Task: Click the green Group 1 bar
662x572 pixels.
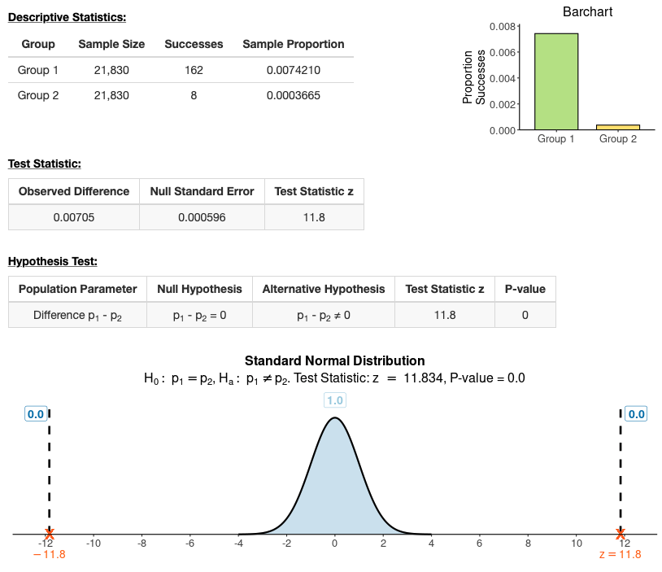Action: pos(556,81)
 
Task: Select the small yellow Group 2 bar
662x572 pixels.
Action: pos(618,127)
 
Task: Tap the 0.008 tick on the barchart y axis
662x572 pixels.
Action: pos(502,26)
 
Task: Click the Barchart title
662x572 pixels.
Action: pos(587,11)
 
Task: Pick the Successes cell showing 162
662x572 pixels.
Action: pos(194,70)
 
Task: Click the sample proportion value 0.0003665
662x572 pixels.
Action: pos(294,95)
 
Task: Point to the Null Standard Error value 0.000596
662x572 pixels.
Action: pos(203,217)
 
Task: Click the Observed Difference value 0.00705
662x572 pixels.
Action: pos(74,217)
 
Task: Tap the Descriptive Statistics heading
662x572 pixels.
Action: pos(67,17)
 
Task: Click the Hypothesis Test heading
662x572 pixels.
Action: pos(52,261)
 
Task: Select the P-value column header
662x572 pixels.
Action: pos(525,289)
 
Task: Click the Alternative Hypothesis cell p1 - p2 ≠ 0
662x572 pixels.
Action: pos(324,315)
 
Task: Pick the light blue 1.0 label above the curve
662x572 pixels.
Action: pos(334,400)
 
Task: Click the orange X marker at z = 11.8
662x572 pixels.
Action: pos(621,534)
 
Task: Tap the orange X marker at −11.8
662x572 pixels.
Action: pos(50,534)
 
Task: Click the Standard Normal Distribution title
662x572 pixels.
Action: pos(334,360)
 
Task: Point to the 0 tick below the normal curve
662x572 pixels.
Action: pos(334,543)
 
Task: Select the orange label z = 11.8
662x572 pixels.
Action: pos(620,555)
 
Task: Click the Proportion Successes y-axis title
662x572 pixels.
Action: pos(473,78)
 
